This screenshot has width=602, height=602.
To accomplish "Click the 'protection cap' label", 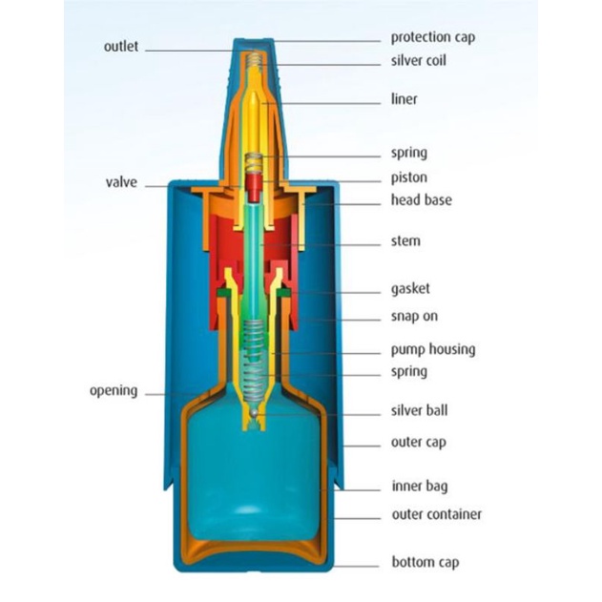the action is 432,37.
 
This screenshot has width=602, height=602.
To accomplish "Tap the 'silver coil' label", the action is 418,60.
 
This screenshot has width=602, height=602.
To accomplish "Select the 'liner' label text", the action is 404,98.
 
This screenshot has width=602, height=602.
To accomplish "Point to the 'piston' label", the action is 408,177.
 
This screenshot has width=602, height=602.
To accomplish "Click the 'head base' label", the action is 421,200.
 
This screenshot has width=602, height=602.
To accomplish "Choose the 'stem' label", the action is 405,240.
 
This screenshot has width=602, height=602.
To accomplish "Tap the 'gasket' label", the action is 410,288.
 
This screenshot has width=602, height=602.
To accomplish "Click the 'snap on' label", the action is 414,316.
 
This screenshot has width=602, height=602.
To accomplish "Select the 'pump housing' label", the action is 432,349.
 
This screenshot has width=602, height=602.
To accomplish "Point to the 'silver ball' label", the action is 419,410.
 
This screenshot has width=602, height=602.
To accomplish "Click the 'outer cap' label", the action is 418,442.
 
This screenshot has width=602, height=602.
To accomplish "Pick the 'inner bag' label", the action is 419,487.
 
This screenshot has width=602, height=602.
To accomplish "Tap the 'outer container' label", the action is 436,514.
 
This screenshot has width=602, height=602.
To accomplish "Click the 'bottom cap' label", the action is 425,562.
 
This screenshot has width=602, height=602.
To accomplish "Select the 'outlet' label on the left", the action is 121,46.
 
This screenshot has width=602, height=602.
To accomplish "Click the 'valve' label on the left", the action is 121,182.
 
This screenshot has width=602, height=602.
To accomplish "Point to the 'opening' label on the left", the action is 114,390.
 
